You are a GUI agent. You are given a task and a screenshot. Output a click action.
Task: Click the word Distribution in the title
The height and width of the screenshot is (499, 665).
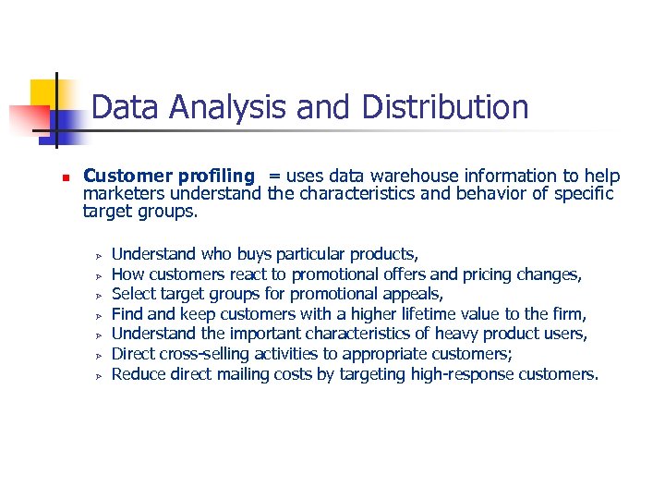coord(445,107)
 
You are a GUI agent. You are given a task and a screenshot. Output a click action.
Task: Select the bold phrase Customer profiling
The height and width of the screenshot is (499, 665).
coord(168,176)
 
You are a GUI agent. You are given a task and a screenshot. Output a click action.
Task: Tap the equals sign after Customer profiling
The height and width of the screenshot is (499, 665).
coord(274,176)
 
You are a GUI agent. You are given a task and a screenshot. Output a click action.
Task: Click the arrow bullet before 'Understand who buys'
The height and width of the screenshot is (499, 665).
coord(95,254)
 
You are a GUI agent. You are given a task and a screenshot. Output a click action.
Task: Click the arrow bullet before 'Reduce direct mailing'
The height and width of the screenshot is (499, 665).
coord(95,375)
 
